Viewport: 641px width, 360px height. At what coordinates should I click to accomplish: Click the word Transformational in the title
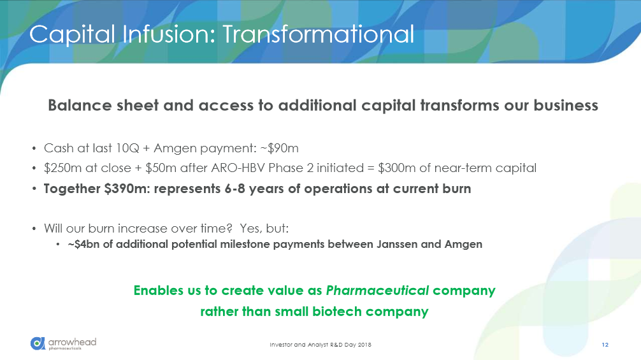pos(318,34)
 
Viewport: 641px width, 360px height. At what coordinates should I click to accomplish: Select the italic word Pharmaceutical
pos(377,291)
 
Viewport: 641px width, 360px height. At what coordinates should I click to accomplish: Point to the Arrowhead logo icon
pos(38,343)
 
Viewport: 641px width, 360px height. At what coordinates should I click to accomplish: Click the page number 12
pos(605,345)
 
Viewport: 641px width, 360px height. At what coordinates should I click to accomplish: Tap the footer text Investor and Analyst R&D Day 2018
pos(320,345)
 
